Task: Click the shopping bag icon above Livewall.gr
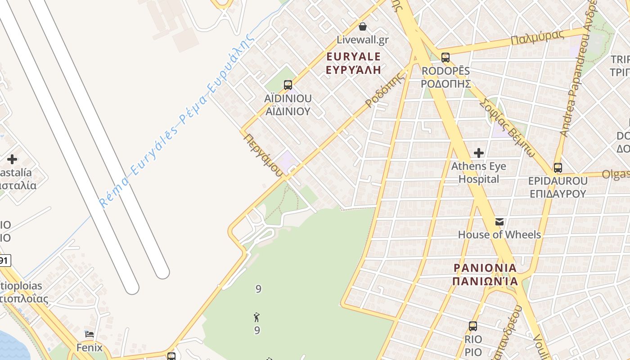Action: click(363, 27)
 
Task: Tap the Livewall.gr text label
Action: click(363, 40)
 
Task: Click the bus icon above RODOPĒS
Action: click(445, 58)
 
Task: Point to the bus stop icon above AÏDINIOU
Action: click(288, 85)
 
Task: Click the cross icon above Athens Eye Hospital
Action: click(479, 153)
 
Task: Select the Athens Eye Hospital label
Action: click(479, 172)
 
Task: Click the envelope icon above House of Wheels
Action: click(499, 221)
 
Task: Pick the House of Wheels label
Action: click(499, 234)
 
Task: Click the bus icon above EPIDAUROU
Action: click(558, 168)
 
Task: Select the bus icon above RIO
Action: click(473, 326)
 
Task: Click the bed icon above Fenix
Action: click(90, 334)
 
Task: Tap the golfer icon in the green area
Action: click(257, 317)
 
